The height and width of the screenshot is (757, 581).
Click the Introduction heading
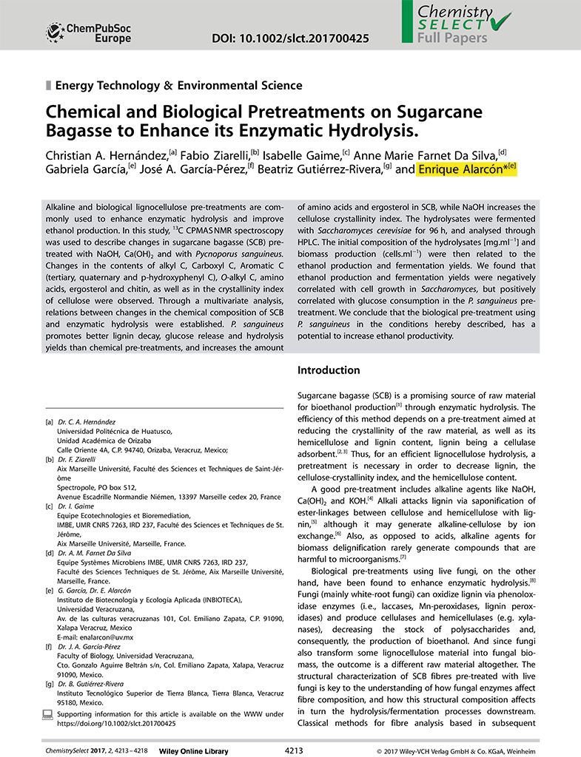329,370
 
